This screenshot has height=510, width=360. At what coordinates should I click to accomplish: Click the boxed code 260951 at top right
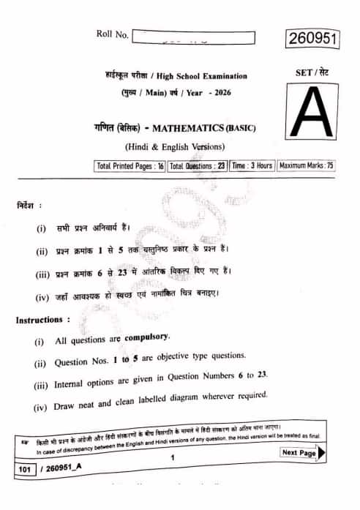coord(312,40)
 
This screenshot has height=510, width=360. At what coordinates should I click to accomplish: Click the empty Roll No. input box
coord(195,37)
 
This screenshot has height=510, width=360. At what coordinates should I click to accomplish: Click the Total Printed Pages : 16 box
coord(130,166)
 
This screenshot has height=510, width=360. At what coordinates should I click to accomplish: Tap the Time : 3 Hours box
coord(252,166)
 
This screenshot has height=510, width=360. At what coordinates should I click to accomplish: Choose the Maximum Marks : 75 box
coord(306,166)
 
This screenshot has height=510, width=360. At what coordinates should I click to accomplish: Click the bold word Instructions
coord(42,320)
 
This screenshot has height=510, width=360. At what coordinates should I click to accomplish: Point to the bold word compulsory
coord(146,338)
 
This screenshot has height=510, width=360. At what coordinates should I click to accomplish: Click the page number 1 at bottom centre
coord(172,459)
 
